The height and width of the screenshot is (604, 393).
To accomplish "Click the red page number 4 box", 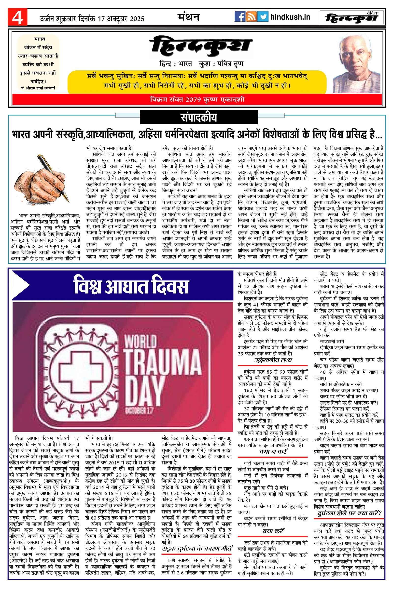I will pyautogui.click(x=17, y=17).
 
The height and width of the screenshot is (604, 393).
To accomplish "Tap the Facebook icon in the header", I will pyautogui.click(x=239, y=17).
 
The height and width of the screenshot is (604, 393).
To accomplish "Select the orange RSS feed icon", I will pyautogui.click(x=251, y=17).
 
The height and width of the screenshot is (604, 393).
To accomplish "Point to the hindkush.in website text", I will pyautogui.click(x=290, y=17).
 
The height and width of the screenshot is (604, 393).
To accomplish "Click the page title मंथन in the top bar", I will pyautogui.click(x=188, y=17).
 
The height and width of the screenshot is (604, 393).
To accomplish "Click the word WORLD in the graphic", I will pyautogui.click(x=140, y=343).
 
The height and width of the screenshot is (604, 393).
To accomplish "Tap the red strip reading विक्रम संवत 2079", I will pyautogui.click(x=197, y=100).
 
